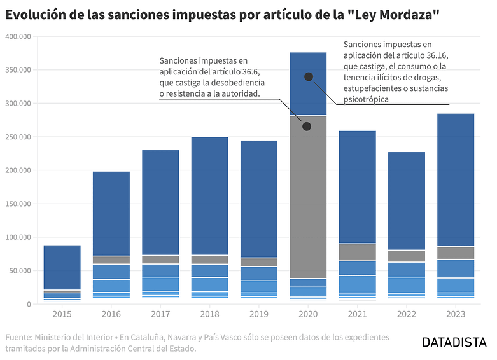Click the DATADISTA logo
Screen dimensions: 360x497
point(455,343)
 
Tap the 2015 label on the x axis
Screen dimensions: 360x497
point(62,315)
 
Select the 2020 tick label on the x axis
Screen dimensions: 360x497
point(308,315)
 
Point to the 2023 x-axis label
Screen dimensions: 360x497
point(456,315)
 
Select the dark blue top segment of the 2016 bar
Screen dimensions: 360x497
point(111,213)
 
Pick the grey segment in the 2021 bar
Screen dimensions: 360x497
point(357,253)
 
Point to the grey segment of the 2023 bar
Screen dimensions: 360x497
point(456,253)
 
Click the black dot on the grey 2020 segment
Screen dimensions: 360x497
point(307,127)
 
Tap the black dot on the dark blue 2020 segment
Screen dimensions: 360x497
point(309,77)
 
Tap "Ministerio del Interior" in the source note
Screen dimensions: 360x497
point(81,337)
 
